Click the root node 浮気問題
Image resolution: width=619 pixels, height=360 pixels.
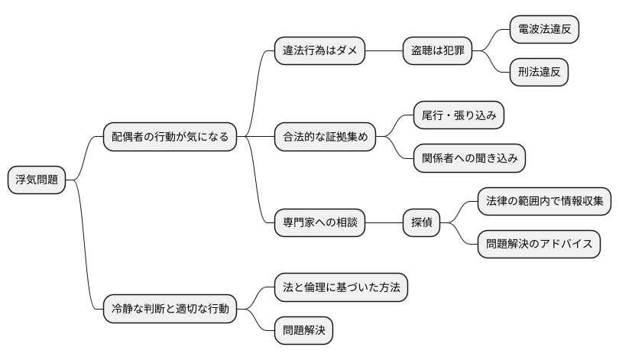coord(37,180)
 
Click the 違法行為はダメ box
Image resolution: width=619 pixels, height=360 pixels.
coord(319,51)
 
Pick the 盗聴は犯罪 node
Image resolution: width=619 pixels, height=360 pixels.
coord(437,51)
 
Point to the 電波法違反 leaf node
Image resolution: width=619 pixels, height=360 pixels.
coord(543,30)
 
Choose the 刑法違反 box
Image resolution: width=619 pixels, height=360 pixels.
coord(539,73)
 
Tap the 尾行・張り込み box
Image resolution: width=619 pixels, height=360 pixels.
coord(459,115)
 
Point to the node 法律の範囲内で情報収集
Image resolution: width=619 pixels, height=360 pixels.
coord(544,202)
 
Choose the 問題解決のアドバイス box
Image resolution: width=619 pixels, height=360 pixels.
coord(539,245)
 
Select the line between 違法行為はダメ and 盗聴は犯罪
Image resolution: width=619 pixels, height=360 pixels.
coord(384,51)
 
